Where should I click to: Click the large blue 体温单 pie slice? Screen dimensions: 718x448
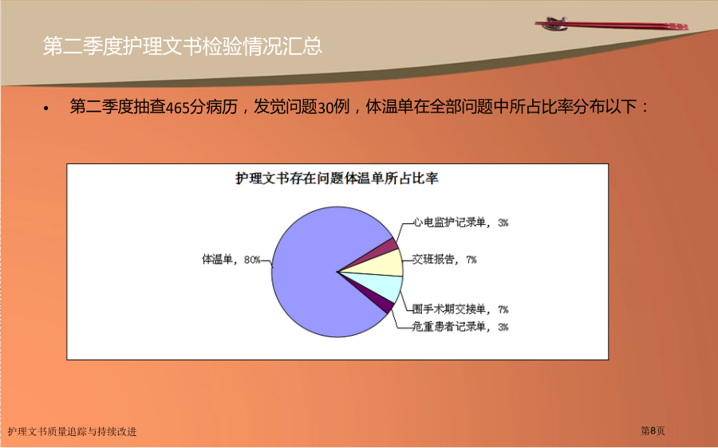[x=311, y=274]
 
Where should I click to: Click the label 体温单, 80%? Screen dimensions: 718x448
[x=231, y=260]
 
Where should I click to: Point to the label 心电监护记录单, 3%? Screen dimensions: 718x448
[x=460, y=223]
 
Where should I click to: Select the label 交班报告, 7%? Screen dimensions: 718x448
[x=444, y=260]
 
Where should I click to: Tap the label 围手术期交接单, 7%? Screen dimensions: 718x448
[x=460, y=310]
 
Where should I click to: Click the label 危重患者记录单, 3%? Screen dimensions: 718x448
[x=460, y=327]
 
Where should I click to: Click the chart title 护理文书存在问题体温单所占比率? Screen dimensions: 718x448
[x=337, y=178]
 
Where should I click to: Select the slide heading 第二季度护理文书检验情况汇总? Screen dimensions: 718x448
[x=183, y=46]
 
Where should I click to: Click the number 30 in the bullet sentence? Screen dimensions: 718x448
[x=325, y=108]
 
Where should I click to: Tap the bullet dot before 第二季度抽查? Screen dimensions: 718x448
[x=45, y=109]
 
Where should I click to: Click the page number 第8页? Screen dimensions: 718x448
[x=653, y=430]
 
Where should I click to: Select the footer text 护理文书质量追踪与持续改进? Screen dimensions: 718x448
[x=73, y=431]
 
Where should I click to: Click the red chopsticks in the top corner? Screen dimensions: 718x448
[x=611, y=24]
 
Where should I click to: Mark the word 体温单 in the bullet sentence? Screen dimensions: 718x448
[x=389, y=107]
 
